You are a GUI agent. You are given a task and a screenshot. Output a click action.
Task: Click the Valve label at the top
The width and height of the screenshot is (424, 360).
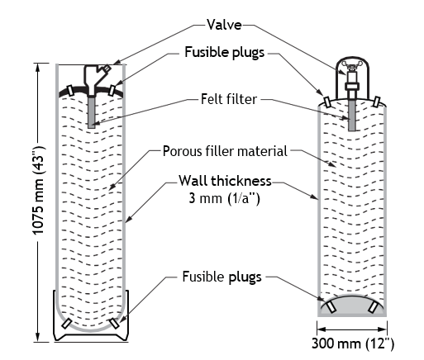(x=224, y=25)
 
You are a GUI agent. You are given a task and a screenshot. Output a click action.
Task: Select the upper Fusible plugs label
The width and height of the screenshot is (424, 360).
(x=225, y=52)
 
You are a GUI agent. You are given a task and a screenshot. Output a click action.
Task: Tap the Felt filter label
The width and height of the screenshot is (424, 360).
(x=229, y=99)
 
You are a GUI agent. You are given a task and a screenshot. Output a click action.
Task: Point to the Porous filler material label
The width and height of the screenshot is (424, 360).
(x=225, y=151)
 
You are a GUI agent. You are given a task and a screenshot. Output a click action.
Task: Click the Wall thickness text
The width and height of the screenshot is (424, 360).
(x=225, y=181)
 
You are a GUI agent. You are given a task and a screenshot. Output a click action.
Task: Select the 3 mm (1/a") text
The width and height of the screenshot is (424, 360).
(x=224, y=198)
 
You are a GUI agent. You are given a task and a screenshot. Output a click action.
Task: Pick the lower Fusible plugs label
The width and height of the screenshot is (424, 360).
(x=222, y=277)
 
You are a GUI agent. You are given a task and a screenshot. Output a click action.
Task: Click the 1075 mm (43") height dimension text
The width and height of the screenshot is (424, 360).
(x=39, y=190)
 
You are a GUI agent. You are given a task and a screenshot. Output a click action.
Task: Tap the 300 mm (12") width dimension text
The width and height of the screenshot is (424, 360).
(x=353, y=343)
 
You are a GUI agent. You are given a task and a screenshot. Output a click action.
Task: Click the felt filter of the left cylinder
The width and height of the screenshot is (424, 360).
(x=92, y=111)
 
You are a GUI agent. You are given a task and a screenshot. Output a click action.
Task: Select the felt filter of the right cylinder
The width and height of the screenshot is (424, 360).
(x=351, y=115)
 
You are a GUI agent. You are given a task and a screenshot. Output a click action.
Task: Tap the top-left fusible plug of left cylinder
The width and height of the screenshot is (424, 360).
(x=69, y=90)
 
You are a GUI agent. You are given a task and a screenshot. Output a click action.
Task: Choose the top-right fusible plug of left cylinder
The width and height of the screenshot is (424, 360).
(x=112, y=90)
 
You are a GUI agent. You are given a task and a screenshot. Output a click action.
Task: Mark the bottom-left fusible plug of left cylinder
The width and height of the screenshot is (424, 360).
(x=66, y=324)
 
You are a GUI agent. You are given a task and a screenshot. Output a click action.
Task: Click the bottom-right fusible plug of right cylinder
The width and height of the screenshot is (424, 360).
(x=373, y=307)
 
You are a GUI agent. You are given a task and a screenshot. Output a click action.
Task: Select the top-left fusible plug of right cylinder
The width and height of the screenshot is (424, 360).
(x=327, y=102)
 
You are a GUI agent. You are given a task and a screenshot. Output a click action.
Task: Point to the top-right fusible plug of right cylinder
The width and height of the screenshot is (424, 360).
(x=377, y=102)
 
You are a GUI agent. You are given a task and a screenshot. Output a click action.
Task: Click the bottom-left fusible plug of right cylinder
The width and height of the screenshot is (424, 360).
(x=331, y=307)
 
